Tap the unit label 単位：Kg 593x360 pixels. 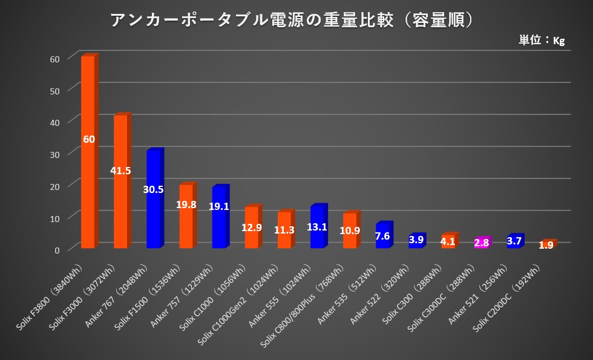pyautogui.click(x=541, y=41)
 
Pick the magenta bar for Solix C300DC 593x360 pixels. pyautogui.click(x=481, y=243)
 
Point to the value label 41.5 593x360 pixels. pyautogui.click(x=120, y=171)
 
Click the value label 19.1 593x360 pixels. pyautogui.click(x=219, y=206)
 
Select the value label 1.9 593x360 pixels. pyautogui.click(x=546, y=245)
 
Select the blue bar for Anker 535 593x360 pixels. pyautogui.click(x=383, y=235)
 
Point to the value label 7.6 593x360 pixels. pyautogui.click(x=383, y=235)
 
